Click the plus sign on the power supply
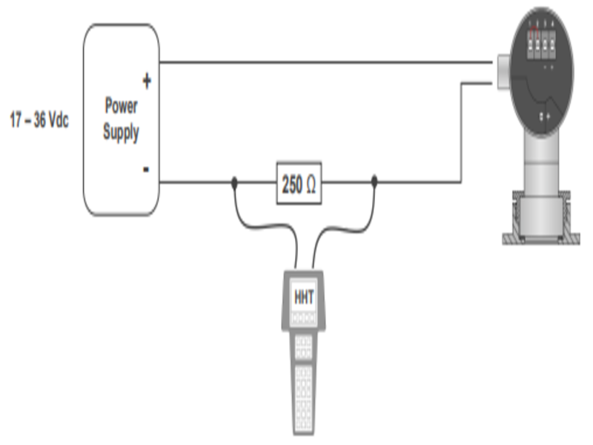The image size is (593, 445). (x=146, y=81)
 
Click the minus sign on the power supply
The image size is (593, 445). (x=146, y=170)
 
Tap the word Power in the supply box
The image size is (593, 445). (x=121, y=105)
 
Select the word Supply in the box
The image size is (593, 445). (x=121, y=134)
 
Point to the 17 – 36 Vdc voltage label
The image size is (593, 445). (x=39, y=120)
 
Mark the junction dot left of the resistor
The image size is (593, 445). (x=233, y=180)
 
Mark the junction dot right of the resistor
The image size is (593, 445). (x=374, y=180)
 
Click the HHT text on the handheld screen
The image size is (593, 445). (x=304, y=297)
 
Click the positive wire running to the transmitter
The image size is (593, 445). (x=326, y=62)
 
